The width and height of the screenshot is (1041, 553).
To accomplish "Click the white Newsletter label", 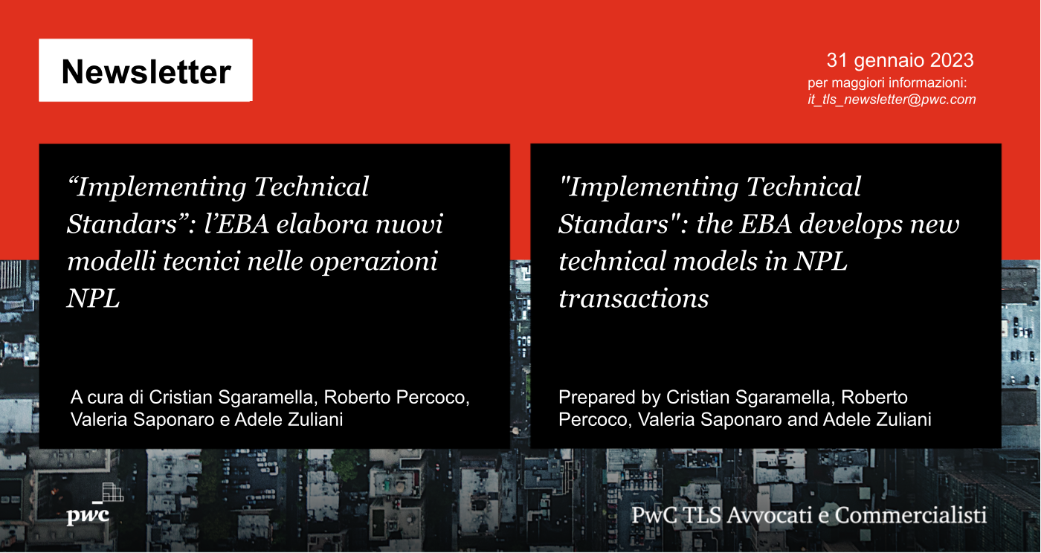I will click(x=146, y=71).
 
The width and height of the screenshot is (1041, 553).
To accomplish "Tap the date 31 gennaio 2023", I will click(x=900, y=60).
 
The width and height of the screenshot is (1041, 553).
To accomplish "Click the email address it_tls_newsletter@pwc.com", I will click(x=892, y=100).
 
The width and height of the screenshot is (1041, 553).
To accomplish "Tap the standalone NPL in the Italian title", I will click(x=93, y=299).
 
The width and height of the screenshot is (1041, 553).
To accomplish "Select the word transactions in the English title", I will click(x=634, y=299).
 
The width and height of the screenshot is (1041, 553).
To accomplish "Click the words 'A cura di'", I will click(x=106, y=398).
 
